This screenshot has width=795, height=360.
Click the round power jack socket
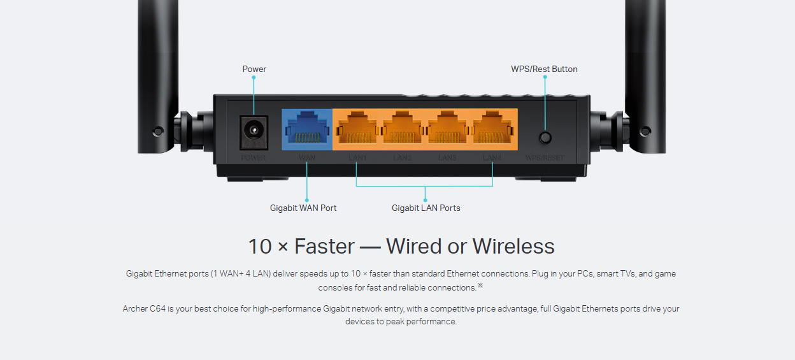(254, 131)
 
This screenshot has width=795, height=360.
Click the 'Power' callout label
(254, 69)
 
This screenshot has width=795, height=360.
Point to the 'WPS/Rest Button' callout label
(544, 69)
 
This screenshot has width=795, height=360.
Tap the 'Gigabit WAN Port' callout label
(303, 208)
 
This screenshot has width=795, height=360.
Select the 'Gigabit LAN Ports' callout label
(426, 208)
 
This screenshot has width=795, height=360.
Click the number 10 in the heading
(260, 247)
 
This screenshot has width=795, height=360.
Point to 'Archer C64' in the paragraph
(145, 309)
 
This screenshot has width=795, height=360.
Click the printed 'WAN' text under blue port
(306, 157)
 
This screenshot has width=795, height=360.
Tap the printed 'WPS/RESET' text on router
(545, 158)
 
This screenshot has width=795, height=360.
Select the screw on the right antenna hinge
(645, 132)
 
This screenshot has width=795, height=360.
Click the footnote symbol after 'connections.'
(480, 285)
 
